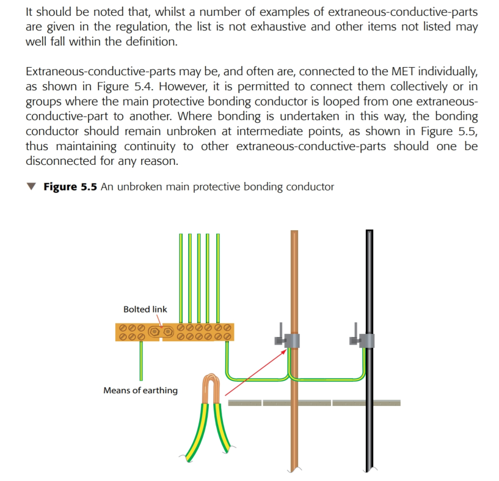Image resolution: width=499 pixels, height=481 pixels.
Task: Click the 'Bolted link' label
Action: [x=145, y=309]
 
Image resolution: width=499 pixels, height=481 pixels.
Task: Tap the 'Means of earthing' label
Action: [x=140, y=390]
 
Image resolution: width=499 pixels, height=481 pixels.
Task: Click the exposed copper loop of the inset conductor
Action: [x=211, y=388]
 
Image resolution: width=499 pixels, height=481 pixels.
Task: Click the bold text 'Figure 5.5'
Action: [x=70, y=187]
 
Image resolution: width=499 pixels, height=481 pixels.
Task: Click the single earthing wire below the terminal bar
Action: [x=141, y=360]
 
